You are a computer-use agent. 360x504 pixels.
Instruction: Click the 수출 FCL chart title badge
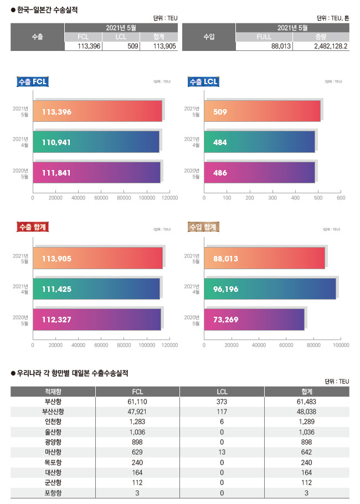coord(33,82)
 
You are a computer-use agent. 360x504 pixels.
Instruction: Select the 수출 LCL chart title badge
coord(204,82)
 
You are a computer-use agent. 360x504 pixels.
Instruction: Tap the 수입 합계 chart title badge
coord(204,227)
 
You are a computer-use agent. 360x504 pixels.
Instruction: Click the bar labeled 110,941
coord(96,142)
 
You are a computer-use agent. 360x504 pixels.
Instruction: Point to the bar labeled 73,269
coord(254,320)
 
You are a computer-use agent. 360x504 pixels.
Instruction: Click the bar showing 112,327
coord(96,320)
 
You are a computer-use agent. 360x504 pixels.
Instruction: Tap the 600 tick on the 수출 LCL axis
coord(341,197)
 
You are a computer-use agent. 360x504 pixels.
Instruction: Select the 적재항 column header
coord(53,392)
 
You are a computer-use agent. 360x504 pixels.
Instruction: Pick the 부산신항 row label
coord(53,412)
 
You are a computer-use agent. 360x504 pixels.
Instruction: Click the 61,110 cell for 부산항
coord(137,402)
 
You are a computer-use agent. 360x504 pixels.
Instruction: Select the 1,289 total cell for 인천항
coord(306,421)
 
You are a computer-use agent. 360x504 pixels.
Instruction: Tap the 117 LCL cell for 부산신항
coord(222,412)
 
